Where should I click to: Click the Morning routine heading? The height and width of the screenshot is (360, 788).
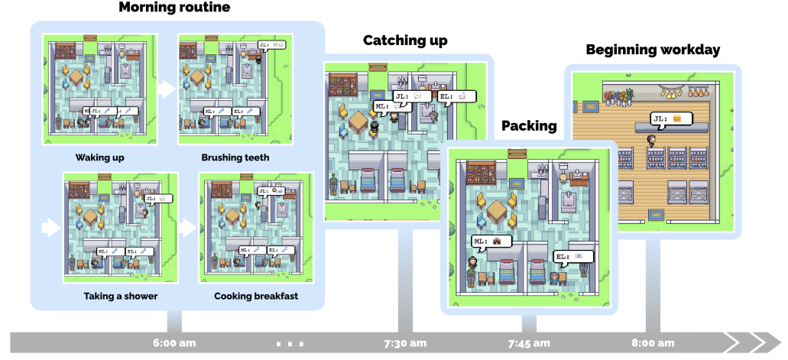[x=174, y=8]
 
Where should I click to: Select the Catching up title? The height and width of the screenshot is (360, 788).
[x=405, y=41]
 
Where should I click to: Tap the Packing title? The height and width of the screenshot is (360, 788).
[x=529, y=126]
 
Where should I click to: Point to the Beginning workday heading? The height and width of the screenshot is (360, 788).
[x=653, y=50]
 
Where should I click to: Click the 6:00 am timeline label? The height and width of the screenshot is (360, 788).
[x=175, y=342]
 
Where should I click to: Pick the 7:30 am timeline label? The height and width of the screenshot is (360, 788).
[x=405, y=342]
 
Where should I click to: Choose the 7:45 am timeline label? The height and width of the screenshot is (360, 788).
[x=529, y=342]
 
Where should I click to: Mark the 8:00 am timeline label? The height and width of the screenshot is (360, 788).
[x=653, y=342]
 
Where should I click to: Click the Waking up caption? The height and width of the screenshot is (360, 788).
[x=100, y=158]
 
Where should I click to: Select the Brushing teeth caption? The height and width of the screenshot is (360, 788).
[x=235, y=158]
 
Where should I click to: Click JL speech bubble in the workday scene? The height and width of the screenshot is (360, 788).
[x=671, y=118]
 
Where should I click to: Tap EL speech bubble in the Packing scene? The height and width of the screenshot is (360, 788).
[x=571, y=255]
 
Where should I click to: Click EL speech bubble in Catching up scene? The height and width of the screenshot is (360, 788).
[x=457, y=96]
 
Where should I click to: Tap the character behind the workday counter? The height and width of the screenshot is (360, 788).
[x=651, y=141]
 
